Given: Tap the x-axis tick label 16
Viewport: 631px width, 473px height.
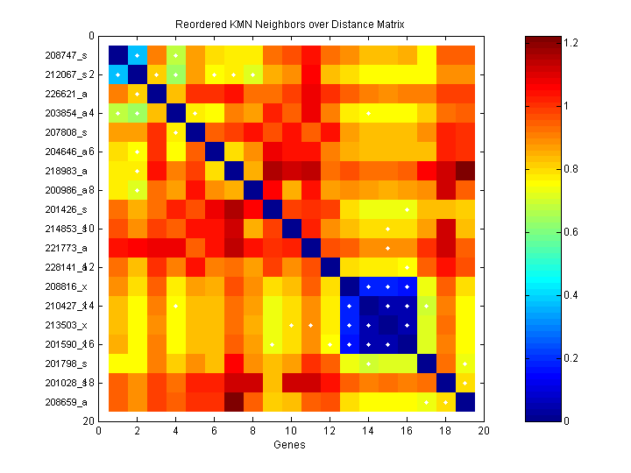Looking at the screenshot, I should point(406,432).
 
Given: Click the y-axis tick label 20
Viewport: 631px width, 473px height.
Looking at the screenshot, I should point(89,421).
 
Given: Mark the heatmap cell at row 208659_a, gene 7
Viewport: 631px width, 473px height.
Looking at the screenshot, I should point(233,402).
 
